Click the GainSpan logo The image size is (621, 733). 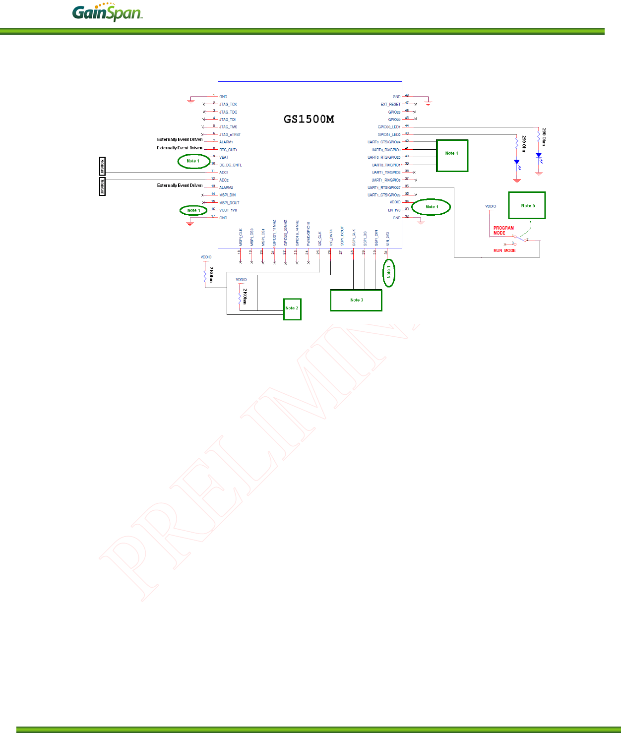click(x=107, y=13)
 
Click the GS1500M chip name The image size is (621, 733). click(x=309, y=119)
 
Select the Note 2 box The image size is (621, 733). click(x=292, y=309)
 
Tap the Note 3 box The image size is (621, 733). click(x=356, y=301)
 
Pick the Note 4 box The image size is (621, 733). click(x=452, y=155)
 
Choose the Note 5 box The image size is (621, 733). click(x=527, y=205)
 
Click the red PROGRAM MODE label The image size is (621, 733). click(x=503, y=231)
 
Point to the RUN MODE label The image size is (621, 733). click(x=504, y=250)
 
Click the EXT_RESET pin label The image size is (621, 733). click(x=390, y=104)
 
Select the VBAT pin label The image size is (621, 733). click(x=224, y=157)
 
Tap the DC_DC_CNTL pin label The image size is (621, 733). click(x=231, y=165)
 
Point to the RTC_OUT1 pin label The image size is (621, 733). click(x=228, y=150)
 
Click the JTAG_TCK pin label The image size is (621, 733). click(x=228, y=104)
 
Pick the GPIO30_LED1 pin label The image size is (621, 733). click(x=389, y=127)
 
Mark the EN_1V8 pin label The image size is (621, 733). click(x=394, y=210)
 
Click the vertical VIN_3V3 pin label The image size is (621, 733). click(x=387, y=239)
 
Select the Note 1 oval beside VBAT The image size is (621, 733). click(x=193, y=161)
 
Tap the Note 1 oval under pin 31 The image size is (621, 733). click(x=389, y=273)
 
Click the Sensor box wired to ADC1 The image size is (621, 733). click(x=102, y=166)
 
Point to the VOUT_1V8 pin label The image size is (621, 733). click(x=228, y=210)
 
